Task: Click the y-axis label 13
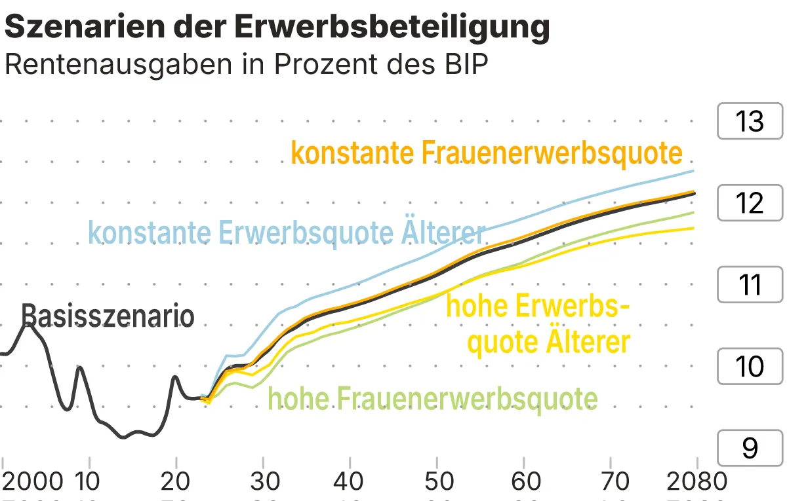pos(750,122)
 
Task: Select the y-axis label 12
pos(750,203)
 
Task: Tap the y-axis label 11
pos(750,285)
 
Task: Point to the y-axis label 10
pos(750,366)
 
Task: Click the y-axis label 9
pos(750,448)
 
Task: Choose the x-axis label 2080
pos(697,481)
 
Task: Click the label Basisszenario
pos(108,316)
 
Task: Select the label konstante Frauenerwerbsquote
pos(487,153)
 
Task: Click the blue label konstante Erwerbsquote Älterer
pos(287,232)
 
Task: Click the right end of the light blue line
pos(694,171)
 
